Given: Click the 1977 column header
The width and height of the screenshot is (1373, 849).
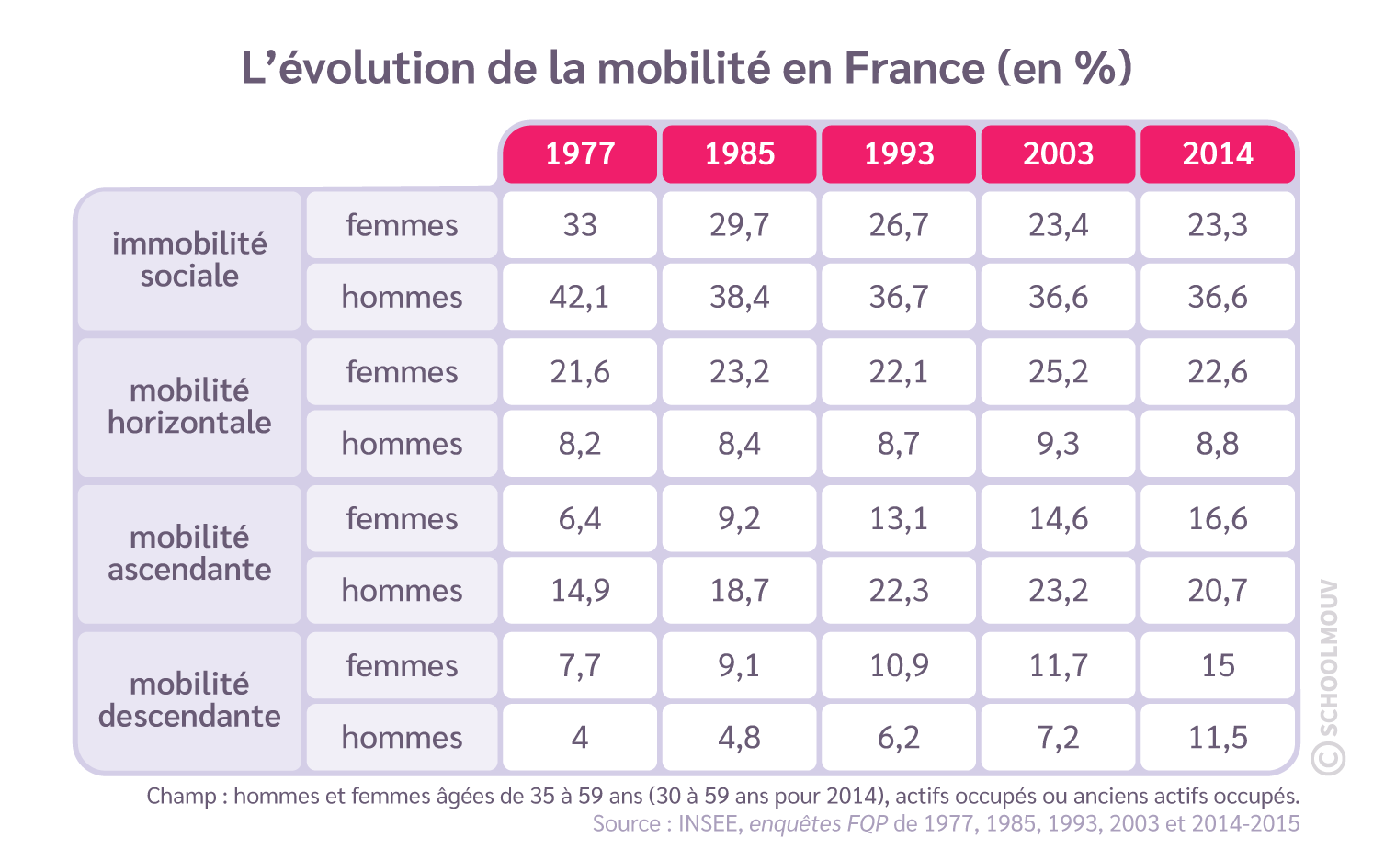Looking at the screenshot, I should tap(580, 153).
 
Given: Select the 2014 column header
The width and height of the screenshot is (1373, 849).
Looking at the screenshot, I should tap(1218, 153).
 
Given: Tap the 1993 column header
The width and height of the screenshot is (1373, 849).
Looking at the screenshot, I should tap(899, 153).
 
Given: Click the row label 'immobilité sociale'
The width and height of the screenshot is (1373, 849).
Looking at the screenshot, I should tap(189, 260).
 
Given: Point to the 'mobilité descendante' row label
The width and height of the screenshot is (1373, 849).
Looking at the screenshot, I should tap(189, 700).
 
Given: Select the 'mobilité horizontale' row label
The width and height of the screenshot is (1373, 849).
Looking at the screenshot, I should tap(189, 407).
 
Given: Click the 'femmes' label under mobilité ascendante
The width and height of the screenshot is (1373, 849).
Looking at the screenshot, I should tap(402, 519).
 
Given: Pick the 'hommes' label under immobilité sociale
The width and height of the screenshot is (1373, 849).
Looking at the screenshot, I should tap(402, 297).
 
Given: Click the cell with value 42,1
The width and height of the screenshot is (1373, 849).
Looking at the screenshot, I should tap(580, 297).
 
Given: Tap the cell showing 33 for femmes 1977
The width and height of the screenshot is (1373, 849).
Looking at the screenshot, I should tap(580, 225).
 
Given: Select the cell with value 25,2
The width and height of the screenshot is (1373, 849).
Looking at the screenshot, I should tap(1058, 372).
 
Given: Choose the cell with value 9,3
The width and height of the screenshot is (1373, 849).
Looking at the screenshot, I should tap(1058, 444).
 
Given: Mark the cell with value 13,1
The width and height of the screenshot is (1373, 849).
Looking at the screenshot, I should tap(899, 519).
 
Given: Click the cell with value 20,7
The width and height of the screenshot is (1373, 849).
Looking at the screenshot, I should tap(1218, 590).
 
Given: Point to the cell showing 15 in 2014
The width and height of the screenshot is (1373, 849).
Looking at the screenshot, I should tap(1218, 665).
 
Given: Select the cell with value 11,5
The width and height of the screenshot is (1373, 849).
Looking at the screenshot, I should tap(1218, 737).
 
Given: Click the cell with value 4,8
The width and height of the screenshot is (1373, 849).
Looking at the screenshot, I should tap(739, 737).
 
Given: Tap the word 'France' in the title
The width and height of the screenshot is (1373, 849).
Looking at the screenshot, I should tap(913, 69).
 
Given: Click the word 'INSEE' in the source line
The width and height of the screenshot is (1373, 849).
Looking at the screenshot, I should tap(709, 823).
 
